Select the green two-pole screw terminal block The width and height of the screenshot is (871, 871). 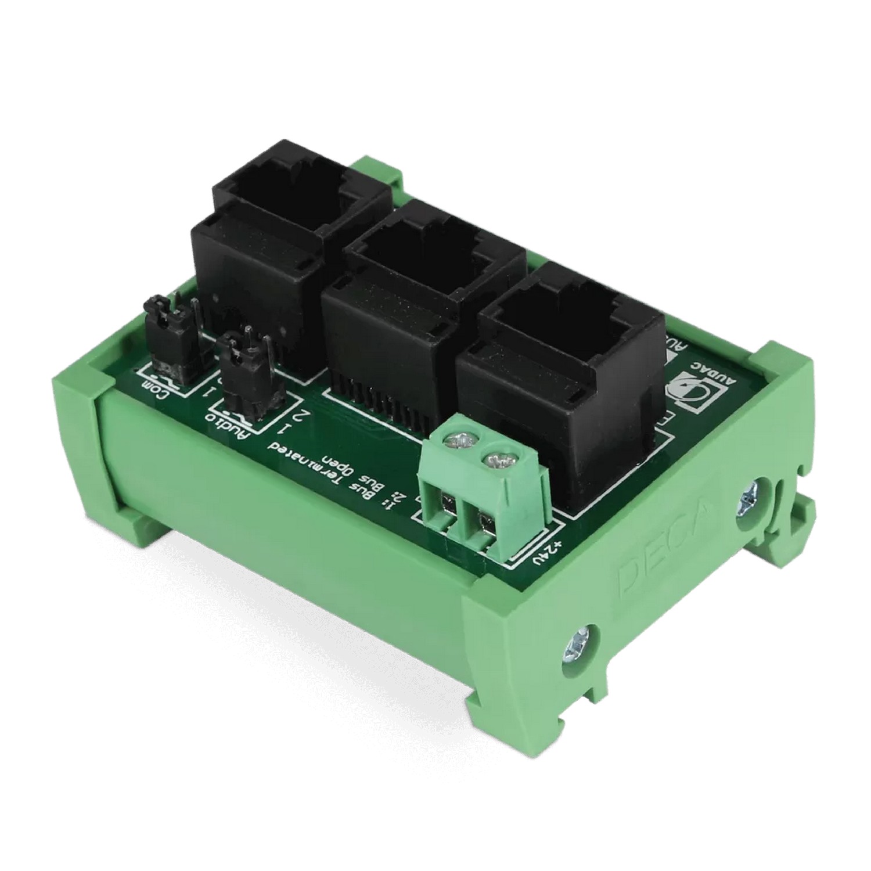click(x=485, y=491)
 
